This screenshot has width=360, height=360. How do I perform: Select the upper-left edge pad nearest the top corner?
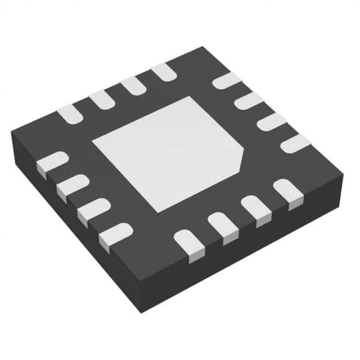pyautogui.click(x=164, y=71)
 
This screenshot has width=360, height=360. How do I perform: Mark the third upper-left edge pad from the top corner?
pyautogui.click(x=102, y=100)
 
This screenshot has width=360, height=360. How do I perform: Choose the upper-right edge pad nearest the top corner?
pyautogui.click(x=226, y=81)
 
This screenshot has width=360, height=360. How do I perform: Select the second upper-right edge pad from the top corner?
pyautogui.click(x=248, y=101)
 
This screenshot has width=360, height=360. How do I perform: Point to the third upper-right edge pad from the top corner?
pyautogui.click(x=271, y=121)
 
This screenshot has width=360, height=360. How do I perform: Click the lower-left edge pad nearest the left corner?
pyautogui.click(x=51, y=165)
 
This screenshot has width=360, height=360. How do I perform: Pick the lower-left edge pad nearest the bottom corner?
pyautogui.click(x=115, y=233)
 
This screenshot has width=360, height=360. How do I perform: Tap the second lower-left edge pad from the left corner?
pyautogui.click(x=72, y=187)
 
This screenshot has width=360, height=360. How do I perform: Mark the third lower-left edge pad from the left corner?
pyautogui.click(x=93, y=209)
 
